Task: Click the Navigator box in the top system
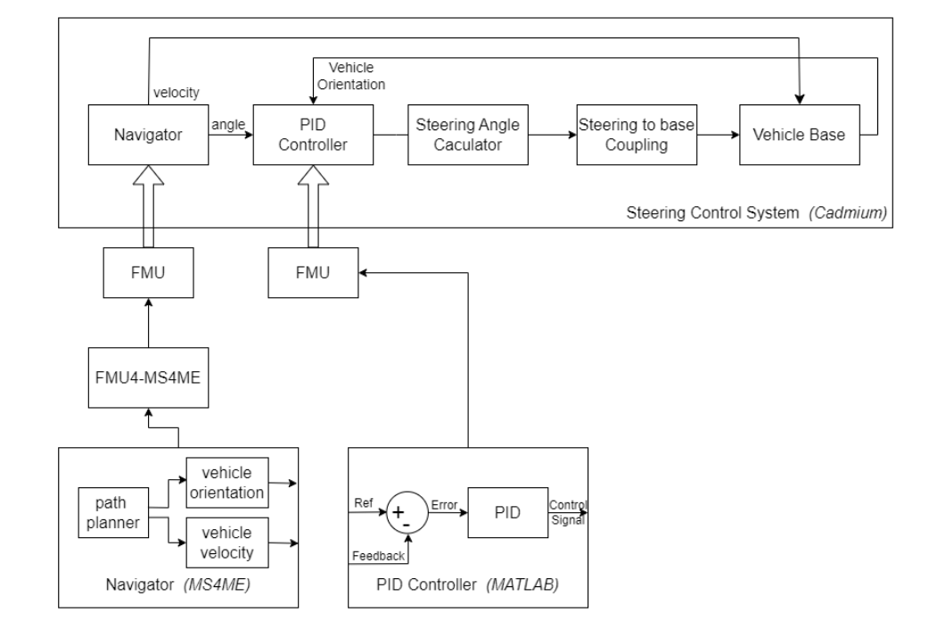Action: pos(147,135)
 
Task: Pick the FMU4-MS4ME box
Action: pos(147,376)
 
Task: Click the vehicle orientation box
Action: pos(227,482)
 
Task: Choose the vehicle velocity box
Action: pos(227,541)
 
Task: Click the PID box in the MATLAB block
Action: pos(507,512)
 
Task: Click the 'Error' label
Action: pos(443,504)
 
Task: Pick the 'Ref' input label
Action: pos(364,501)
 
